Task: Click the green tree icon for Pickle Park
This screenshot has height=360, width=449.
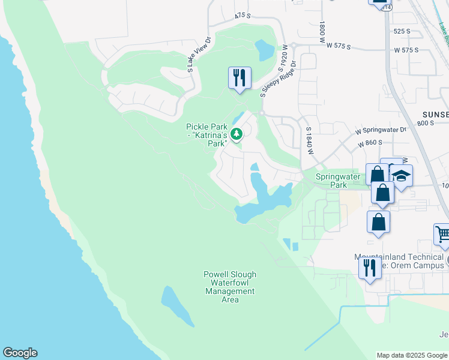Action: click(237, 134)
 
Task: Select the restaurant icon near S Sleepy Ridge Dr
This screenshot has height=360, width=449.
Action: click(240, 77)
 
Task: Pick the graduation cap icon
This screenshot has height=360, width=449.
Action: click(402, 176)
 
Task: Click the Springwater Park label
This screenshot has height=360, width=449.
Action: click(339, 181)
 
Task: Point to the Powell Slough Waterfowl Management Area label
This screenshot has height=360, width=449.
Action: click(230, 287)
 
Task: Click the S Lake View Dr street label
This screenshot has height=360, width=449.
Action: click(191, 55)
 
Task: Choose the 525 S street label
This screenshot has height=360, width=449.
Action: click(402, 31)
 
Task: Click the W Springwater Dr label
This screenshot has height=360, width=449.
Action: click(381, 130)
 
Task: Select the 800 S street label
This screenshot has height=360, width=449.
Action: click(425, 123)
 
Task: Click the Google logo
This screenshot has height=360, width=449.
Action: click(20, 353)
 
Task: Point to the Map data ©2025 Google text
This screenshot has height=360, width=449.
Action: click(412, 355)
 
